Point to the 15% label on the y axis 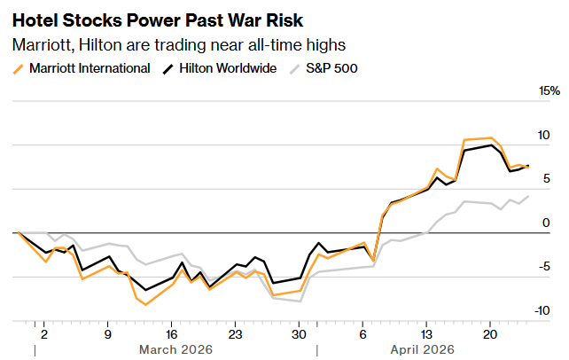550,91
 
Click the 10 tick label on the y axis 543,136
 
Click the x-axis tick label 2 43,334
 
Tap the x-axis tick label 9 107,334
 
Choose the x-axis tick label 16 171,334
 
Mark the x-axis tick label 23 235,334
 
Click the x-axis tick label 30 299,334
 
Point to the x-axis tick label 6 362,334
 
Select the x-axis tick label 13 426,334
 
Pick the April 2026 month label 423,349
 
